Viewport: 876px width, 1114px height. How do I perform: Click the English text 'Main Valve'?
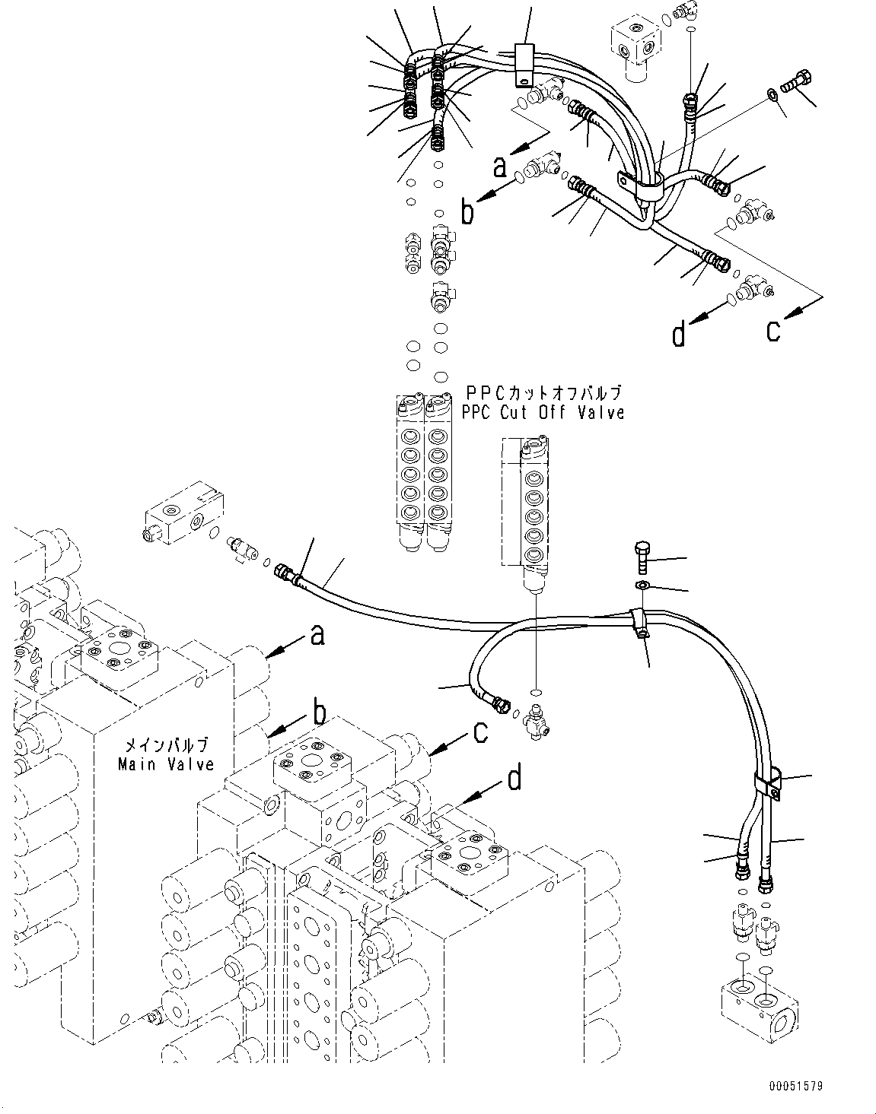click(x=166, y=763)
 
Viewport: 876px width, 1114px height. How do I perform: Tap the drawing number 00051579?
click(x=795, y=1087)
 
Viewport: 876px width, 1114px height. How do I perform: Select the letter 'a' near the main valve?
click(x=317, y=634)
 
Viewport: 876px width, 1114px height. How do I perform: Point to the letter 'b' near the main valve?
click(x=320, y=713)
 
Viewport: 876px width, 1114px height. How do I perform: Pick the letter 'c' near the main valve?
click(x=480, y=732)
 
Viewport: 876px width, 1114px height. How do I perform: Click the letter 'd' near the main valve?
click(x=515, y=778)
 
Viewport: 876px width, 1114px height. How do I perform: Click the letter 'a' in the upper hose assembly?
click(x=499, y=165)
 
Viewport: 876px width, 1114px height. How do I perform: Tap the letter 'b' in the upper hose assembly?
click(x=467, y=212)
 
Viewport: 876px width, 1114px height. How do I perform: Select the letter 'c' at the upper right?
click(x=773, y=331)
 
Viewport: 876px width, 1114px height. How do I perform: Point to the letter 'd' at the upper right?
click(x=679, y=335)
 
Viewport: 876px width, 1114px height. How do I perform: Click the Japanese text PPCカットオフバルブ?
click(x=543, y=393)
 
